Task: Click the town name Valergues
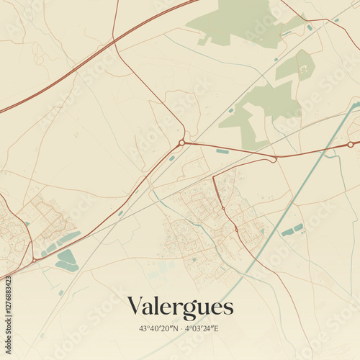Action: [x=180, y=307]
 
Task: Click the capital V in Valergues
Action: [x=135, y=307]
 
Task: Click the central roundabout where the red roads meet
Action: [x=182, y=143]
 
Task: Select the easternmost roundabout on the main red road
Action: [x=351, y=145]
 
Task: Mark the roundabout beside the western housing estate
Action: [x=34, y=259]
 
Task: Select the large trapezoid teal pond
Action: [x=66, y=256]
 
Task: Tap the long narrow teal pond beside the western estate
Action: [x=69, y=238]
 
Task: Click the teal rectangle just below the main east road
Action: [x=222, y=151]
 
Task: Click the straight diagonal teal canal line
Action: [x=288, y=209]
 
